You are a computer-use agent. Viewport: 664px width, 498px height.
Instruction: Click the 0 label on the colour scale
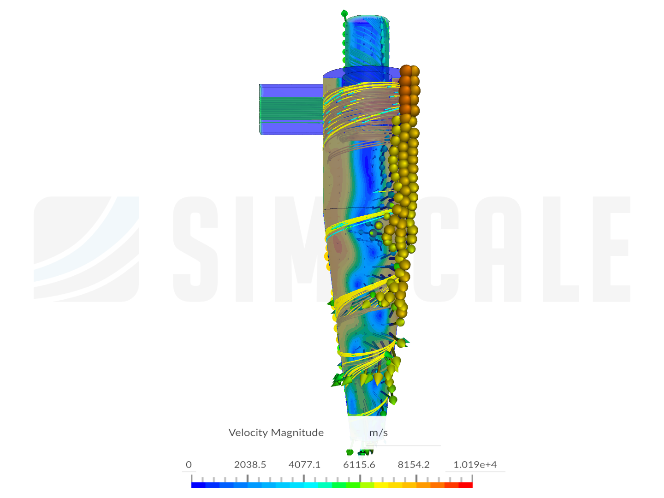189,464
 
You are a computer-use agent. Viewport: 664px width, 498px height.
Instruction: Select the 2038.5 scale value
250,464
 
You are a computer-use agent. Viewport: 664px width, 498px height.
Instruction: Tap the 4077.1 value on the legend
304,464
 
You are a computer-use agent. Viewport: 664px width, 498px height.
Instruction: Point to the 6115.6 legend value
359,464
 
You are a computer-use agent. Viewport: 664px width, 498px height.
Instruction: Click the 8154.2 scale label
414,464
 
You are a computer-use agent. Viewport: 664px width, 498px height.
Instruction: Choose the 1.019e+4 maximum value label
475,464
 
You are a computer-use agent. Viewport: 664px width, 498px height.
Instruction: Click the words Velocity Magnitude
276,433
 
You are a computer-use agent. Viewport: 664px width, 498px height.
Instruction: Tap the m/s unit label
379,433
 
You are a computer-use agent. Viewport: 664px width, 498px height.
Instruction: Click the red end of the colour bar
466,485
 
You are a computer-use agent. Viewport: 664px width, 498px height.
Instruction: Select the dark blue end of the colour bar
198,485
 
